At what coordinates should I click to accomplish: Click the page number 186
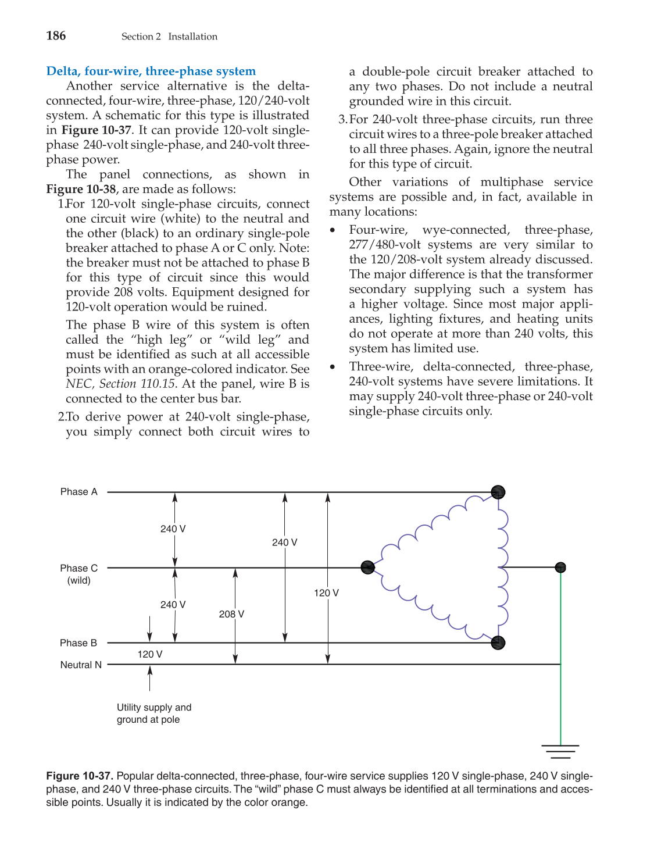56,36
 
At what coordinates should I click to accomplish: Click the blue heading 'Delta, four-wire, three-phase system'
151,71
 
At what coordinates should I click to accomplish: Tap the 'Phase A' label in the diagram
78,492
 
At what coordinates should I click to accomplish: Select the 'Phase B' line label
78,643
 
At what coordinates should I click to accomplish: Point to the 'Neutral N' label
81,665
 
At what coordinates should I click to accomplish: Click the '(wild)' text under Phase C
78,580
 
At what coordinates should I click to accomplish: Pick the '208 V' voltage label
231,614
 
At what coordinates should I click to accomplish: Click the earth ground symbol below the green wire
560,751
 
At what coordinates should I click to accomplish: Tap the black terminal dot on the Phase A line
498,493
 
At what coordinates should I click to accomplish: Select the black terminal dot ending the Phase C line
367,568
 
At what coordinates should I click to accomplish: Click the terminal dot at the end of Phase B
498,643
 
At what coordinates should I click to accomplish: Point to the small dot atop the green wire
560,568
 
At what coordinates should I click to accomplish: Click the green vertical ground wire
560,657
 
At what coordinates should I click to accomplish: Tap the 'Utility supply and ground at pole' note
153,713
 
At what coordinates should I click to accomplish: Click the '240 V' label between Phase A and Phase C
173,529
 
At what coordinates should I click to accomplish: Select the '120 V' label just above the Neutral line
150,655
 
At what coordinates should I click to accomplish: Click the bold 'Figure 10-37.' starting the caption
80,776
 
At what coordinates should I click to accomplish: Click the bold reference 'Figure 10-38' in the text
81,190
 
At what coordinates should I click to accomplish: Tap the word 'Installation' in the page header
192,37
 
